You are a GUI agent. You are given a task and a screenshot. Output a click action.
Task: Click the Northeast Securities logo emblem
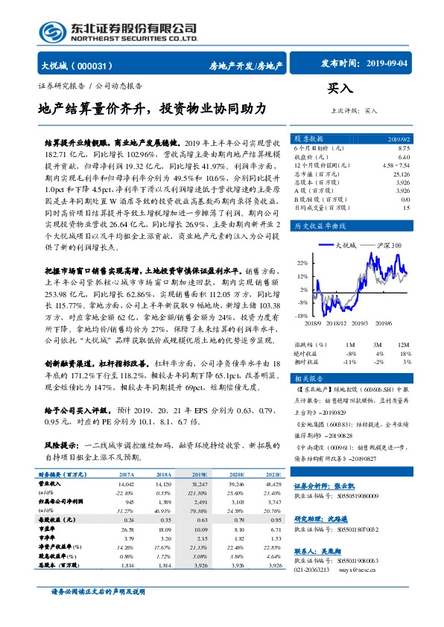tap(48, 30)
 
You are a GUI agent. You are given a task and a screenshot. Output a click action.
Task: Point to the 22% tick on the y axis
tap(300, 263)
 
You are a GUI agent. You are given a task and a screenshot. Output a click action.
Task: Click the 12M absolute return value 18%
tap(405, 354)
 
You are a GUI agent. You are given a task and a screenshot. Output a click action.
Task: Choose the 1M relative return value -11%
tap(348, 361)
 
